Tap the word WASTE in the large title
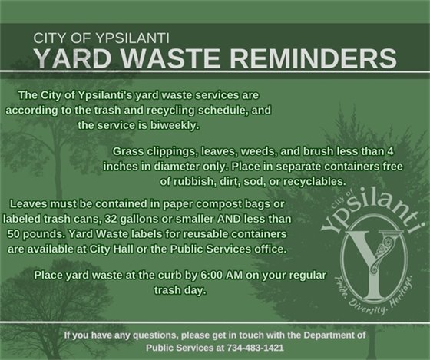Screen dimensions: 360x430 (180, 59)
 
